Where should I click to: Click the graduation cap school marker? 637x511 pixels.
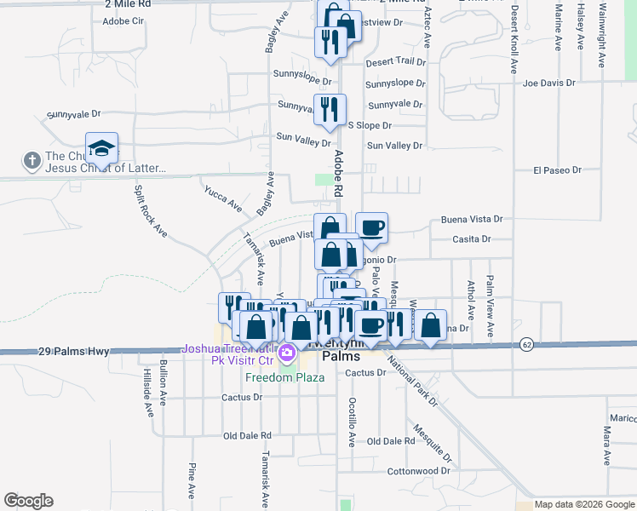click(x=101, y=149)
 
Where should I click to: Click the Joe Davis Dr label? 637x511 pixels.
click(x=549, y=83)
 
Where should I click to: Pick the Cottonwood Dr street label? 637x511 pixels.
click(x=418, y=471)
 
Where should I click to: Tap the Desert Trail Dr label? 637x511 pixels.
click(x=395, y=62)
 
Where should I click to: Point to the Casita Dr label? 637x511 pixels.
click(x=472, y=239)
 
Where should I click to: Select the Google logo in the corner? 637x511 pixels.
click(x=28, y=501)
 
